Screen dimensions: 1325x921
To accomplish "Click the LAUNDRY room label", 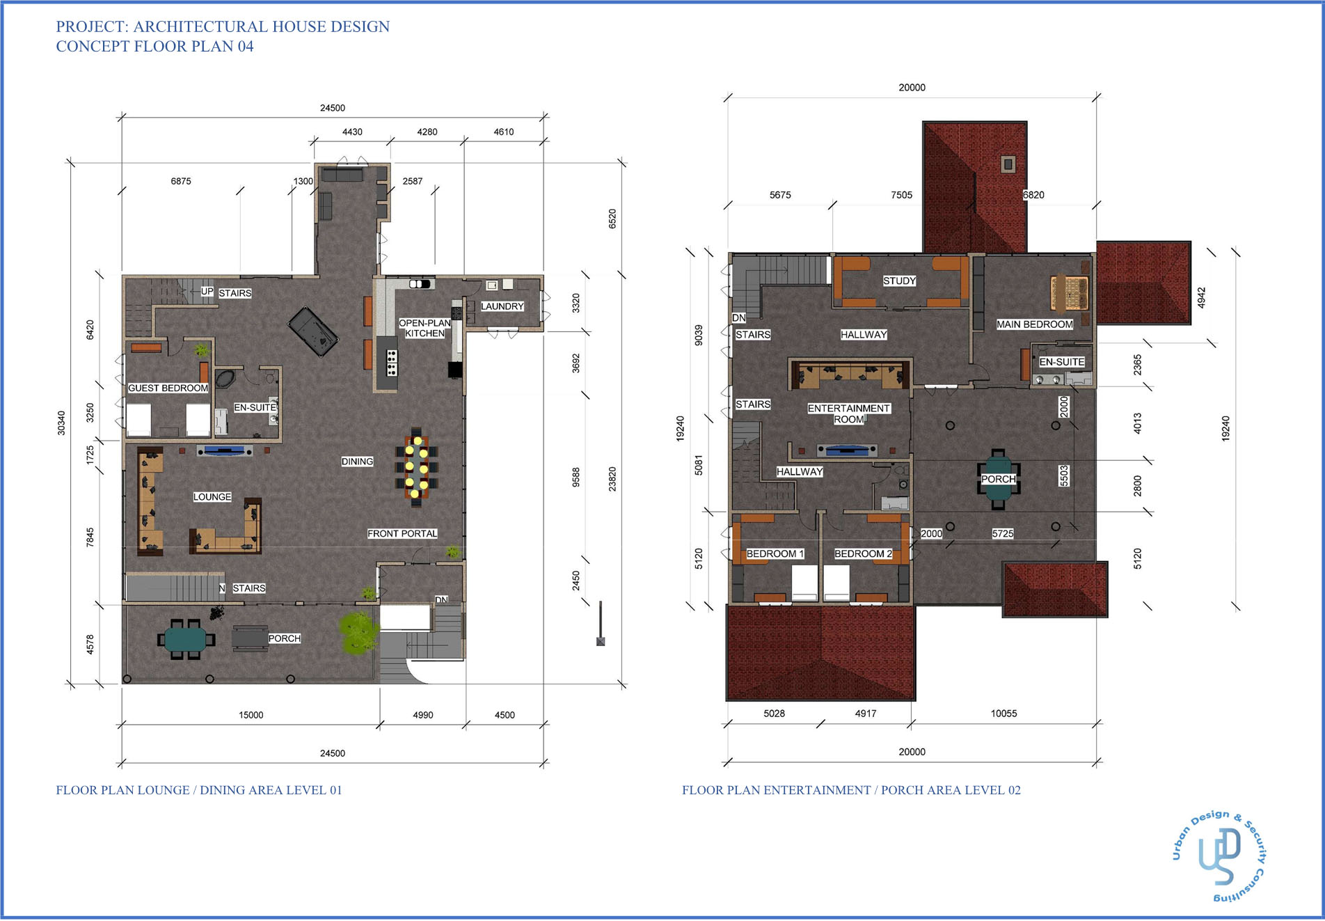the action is [x=502, y=306].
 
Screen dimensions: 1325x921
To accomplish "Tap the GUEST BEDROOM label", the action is [x=168, y=388].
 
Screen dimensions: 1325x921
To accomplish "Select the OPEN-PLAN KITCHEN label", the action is [x=425, y=328].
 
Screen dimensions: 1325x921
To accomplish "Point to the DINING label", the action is [x=357, y=462].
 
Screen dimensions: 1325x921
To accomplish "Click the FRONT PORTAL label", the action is [x=402, y=533].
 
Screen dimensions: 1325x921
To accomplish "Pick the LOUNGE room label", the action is [x=212, y=496].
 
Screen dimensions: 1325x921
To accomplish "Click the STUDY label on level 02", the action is [x=899, y=281].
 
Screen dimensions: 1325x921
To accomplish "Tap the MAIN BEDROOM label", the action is [x=1034, y=324].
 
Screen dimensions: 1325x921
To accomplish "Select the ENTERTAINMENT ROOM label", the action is [x=848, y=414].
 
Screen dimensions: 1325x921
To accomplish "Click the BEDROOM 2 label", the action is [x=863, y=553].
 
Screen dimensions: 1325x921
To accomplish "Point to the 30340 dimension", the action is [x=61, y=423].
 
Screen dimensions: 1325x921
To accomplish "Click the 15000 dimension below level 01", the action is [x=251, y=715].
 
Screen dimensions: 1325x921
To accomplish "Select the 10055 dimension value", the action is [x=1003, y=714].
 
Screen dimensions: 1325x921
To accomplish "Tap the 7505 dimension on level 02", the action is [x=901, y=195].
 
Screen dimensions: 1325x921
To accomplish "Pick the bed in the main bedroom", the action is [x=1070, y=292].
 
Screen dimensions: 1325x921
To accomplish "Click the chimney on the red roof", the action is [x=1008, y=164].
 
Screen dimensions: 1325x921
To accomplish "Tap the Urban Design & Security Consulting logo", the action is [x=1219, y=856].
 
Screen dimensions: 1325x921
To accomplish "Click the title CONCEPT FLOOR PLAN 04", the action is [x=154, y=47].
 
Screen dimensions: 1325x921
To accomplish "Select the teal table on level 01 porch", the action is [x=186, y=638].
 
